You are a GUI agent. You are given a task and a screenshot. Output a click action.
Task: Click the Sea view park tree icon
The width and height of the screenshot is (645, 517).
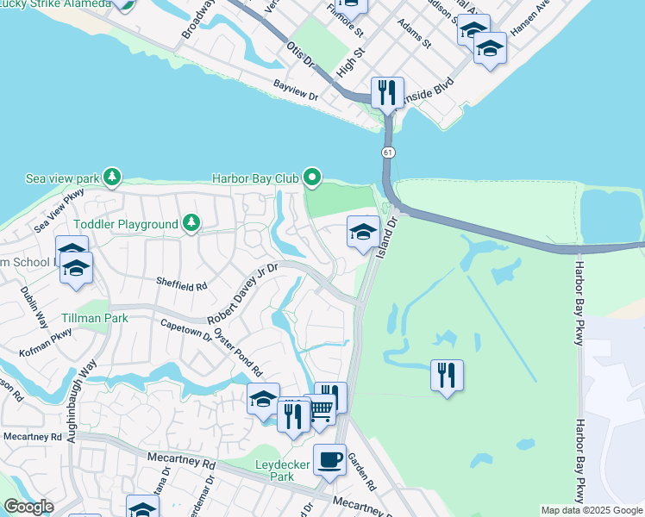click(111, 178)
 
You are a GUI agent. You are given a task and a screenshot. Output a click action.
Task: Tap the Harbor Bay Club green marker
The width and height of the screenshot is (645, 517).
click(311, 178)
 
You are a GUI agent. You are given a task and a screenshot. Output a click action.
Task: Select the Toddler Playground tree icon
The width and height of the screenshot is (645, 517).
click(191, 224)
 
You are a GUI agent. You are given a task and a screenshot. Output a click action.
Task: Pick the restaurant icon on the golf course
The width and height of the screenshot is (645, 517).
click(447, 375)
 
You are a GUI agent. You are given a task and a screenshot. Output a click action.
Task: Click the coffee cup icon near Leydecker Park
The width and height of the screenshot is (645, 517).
click(329, 459)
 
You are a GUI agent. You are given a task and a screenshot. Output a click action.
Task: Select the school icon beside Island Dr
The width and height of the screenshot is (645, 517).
click(363, 231)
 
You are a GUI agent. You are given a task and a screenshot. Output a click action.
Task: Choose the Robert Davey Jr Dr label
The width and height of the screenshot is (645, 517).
click(241, 293)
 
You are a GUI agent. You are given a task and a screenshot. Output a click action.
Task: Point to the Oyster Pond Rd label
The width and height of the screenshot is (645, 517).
click(238, 352)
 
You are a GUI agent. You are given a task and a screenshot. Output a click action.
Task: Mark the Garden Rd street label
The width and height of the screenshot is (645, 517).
click(362, 472)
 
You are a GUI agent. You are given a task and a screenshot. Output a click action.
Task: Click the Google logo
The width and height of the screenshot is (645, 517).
click(28, 507)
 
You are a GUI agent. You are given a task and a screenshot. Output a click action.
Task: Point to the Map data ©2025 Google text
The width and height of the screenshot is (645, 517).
click(591, 510)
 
